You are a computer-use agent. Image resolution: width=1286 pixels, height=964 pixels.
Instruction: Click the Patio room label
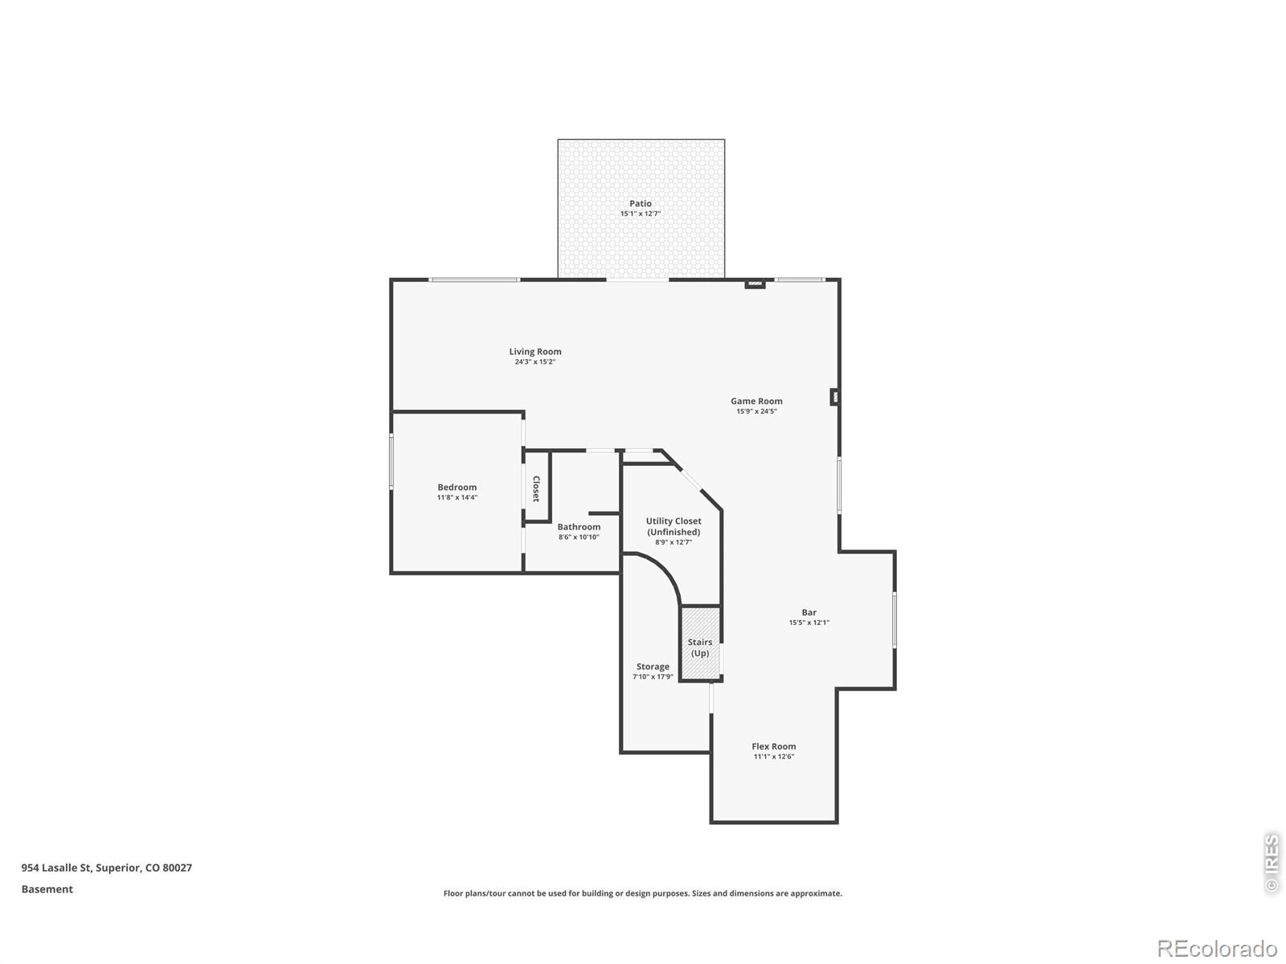(641, 204)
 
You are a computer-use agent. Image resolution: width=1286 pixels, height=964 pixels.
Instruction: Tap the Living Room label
(535, 352)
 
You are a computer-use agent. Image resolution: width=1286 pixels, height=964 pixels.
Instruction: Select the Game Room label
(756, 401)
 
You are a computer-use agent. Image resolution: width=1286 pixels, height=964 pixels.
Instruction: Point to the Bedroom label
(457, 487)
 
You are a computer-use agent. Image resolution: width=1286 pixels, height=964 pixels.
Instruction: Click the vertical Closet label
(536, 488)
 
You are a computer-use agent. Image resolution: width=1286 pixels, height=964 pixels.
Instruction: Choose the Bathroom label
(579, 527)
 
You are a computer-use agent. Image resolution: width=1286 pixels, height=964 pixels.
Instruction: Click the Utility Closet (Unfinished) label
(674, 526)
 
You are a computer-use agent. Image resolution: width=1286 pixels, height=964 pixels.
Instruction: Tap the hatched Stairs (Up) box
(700, 643)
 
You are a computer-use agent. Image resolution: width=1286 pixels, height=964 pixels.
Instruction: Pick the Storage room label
(653, 667)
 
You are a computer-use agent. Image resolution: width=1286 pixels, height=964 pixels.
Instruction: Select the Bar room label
(809, 612)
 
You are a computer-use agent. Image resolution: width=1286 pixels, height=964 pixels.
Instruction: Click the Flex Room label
(774, 746)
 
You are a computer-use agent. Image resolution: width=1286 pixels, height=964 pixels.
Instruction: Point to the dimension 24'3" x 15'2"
(535, 361)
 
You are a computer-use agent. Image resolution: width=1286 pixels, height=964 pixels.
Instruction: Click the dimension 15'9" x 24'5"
(756, 411)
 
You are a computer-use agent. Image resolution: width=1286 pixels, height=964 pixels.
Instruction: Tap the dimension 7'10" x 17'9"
(653, 676)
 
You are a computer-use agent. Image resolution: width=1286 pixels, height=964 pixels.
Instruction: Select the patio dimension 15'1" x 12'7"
(641, 214)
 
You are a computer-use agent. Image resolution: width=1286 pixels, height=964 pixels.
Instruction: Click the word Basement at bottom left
(47, 889)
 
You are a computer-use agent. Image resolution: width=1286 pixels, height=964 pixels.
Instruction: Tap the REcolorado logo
(1218, 948)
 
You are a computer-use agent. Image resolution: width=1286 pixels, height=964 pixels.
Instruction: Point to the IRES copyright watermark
(1272, 863)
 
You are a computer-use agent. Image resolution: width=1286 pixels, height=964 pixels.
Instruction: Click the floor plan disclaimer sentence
(643, 893)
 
